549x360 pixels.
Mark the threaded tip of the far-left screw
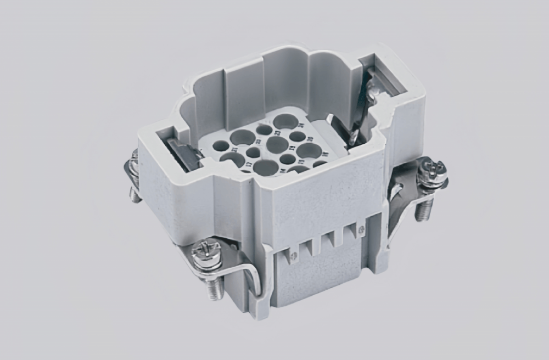pyautogui.click(x=134, y=194)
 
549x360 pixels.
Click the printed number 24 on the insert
pyautogui.click(x=301, y=125)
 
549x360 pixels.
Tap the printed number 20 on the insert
pyautogui.click(x=309, y=139)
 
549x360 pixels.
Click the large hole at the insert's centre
pyautogui.click(x=277, y=145)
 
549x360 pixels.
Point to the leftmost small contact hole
pyautogui.click(x=220, y=146)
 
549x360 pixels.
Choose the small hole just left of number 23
pyautogui.click(x=264, y=130)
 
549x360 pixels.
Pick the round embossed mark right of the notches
pyautogui.click(x=361, y=226)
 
